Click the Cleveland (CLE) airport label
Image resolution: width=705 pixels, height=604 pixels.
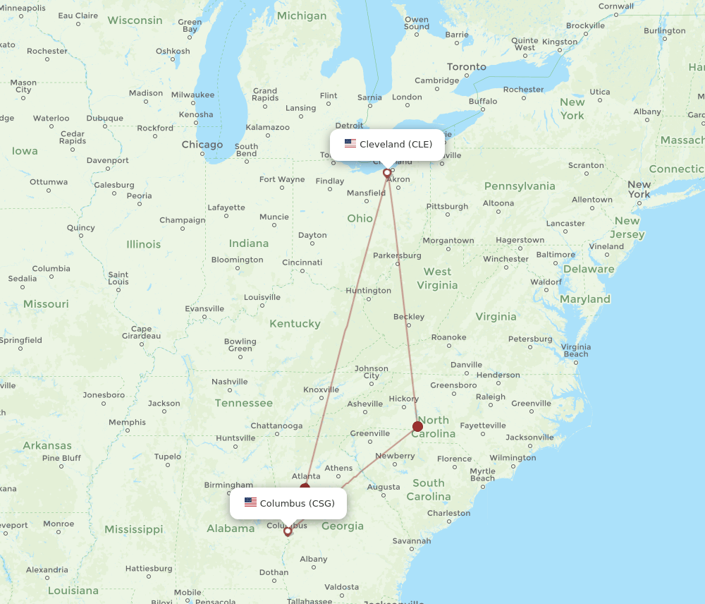pos(396,144)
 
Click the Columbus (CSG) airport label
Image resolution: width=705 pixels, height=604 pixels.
pos(297,503)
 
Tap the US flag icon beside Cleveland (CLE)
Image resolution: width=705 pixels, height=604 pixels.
pos(350,144)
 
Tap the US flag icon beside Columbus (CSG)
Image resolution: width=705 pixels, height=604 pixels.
pos(250,502)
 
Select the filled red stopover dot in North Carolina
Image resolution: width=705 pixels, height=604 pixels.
pos(417,426)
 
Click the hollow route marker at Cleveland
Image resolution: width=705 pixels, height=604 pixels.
pos(387,173)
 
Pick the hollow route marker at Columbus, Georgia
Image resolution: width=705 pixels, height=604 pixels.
pos(287,531)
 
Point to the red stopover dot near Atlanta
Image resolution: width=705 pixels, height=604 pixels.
pos(305,487)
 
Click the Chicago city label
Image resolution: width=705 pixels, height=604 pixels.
pos(202,145)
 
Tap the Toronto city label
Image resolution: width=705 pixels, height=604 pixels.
pos(467,66)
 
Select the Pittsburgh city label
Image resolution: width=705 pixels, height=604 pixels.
pos(447,206)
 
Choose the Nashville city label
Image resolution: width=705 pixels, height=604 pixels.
pos(230,382)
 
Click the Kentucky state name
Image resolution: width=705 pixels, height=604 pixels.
pos(295,323)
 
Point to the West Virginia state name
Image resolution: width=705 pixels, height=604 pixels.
pos(437,278)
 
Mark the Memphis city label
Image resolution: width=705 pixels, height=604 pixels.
pos(127,422)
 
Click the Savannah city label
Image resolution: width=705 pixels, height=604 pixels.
pos(412,541)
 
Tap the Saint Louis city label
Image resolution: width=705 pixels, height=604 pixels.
pos(118,278)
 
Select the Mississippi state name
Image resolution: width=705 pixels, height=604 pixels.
pos(133,529)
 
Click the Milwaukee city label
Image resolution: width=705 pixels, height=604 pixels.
pos(192,95)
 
